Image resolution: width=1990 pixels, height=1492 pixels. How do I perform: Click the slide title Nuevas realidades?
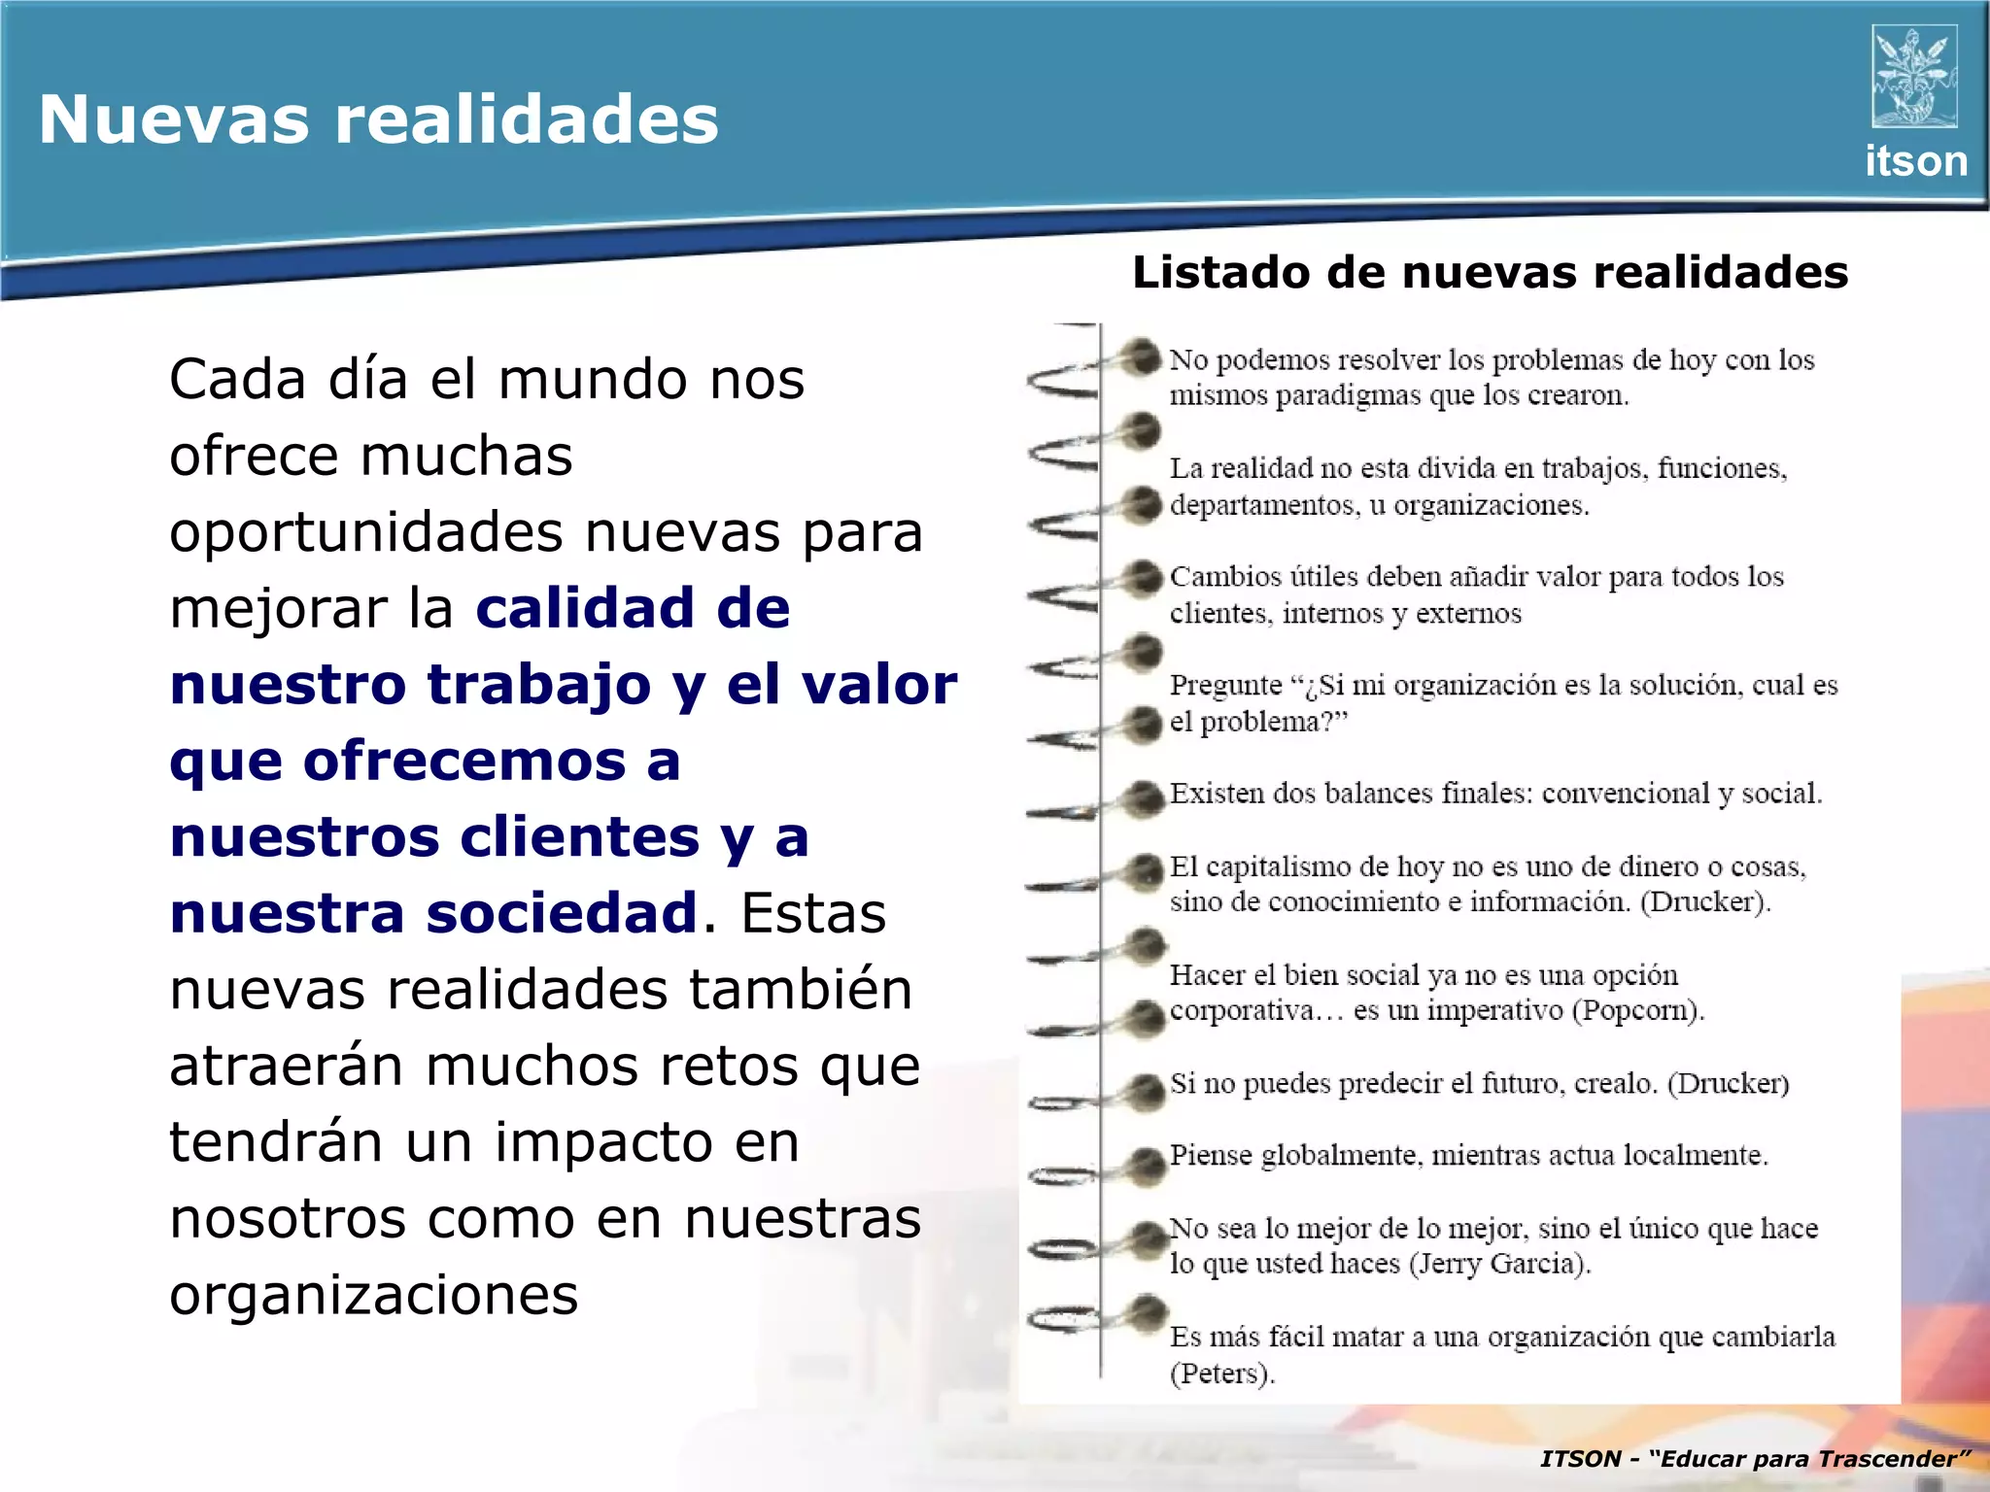click(378, 119)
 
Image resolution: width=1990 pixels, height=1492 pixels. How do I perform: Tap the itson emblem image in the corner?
click(1913, 77)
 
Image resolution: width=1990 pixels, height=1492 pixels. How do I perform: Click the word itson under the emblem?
click(1915, 161)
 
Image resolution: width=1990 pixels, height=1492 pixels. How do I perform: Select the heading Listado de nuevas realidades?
click(1490, 272)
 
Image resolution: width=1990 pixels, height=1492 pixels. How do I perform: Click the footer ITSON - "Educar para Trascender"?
click(1755, 1458)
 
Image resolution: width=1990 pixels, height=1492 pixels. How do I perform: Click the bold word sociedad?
click(563, 913)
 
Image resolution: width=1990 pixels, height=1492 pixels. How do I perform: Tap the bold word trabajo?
click(539, 684)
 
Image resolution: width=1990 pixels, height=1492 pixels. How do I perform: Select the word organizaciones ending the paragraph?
click(373, 1295)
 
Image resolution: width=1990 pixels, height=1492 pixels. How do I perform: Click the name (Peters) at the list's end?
click(1221, 1373)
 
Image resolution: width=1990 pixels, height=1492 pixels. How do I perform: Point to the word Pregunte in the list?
click(1225, 685)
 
